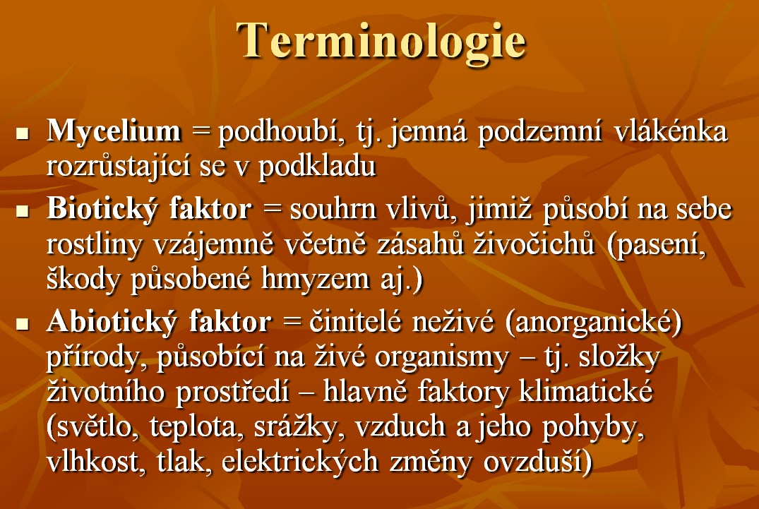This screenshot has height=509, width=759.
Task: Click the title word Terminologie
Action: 381,42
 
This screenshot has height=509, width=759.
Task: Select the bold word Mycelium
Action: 114,131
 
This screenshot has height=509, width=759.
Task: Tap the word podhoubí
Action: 282,132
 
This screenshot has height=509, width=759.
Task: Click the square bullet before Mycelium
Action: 23,133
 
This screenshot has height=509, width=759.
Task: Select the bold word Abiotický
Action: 112,322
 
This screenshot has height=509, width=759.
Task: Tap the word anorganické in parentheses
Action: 594,322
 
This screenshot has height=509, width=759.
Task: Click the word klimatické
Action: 586,391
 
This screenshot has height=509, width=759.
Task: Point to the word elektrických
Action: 299,460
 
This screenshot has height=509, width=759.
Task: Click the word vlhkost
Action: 96,460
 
